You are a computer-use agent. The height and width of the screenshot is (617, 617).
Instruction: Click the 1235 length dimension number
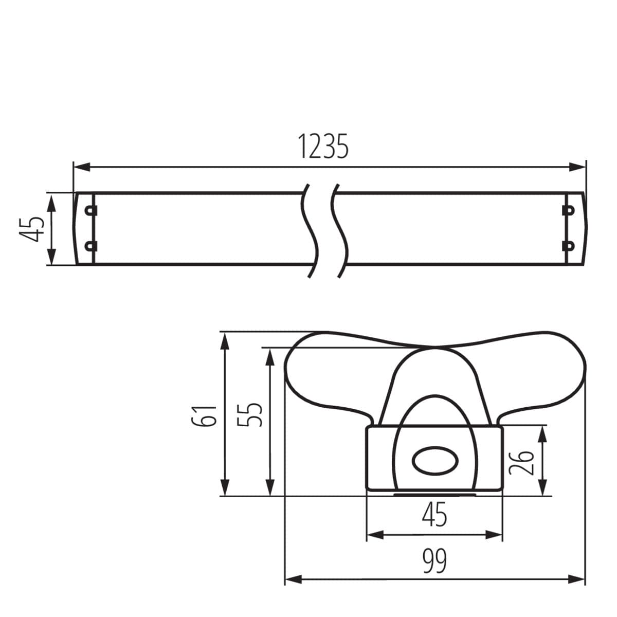[x=323, y=147]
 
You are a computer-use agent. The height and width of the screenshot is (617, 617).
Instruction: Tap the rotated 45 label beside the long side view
[x=31, y=228]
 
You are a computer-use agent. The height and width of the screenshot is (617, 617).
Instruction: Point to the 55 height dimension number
[x=250, y=414]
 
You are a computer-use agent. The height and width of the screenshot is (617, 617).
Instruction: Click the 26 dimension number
[x=522, y=461]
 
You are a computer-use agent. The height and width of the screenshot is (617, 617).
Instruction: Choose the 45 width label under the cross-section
[x=434, y=516]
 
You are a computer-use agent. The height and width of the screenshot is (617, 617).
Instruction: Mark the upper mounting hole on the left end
[x=91, y=210]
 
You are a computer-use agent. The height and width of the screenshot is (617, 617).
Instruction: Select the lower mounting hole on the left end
[x=91, y=246]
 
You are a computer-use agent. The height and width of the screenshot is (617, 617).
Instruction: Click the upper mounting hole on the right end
[x=568, y=210]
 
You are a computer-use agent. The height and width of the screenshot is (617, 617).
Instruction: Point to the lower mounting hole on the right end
[x=568, y=246]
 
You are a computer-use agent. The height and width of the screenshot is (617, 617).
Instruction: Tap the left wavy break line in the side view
[x=310, y=229]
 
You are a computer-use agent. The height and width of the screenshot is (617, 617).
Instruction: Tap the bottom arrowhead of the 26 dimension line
[x=542, y=488]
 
